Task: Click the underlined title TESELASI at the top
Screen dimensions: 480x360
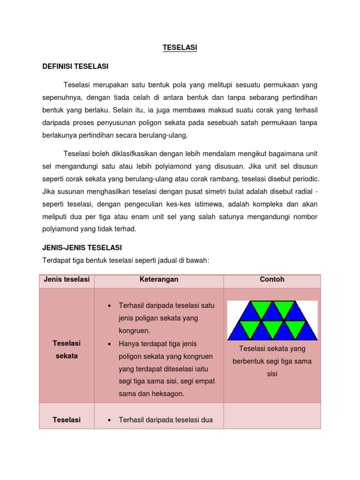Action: point(180,48)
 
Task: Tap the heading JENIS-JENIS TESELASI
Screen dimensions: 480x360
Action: point(82,247)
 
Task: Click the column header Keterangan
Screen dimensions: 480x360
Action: point(158,279)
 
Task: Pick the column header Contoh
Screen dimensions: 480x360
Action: point(272,279)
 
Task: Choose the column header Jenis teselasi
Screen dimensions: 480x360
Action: point(67,279)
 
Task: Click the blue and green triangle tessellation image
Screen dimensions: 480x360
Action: point(272,320)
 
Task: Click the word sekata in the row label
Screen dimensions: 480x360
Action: point(67,356)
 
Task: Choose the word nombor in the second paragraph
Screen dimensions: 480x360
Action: point(301,217)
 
